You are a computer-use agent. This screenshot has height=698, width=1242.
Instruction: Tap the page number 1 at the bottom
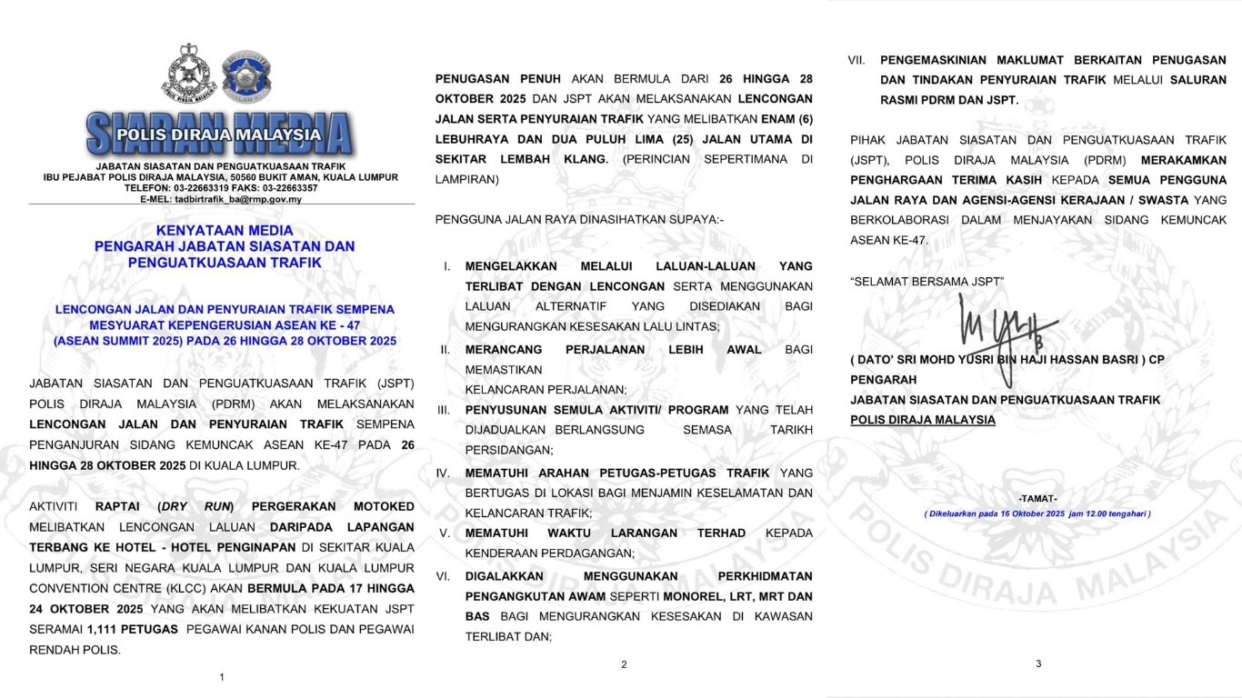tap(222, 677)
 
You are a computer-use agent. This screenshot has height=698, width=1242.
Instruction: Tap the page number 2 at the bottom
tap(624, 664)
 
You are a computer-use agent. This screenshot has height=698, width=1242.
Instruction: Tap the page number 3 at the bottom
tap(1038, 663)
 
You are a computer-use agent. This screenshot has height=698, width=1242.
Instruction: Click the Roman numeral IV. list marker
tap(444, 474)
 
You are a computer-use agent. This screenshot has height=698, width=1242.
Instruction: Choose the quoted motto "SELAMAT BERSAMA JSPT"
tap(927, 282)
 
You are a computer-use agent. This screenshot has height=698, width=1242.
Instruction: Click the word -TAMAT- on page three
tap(1037, 499)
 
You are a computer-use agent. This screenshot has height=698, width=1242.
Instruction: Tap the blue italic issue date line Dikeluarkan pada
tap(1037, 514)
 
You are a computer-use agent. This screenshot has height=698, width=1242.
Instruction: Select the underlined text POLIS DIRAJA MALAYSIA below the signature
tap(923, 420)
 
